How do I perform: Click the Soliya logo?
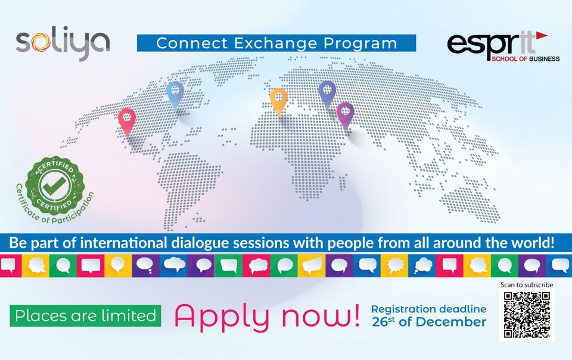(x=63, y=43)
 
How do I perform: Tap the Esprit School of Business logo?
(x=503, y=46)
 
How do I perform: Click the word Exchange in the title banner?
(x=276, y=43)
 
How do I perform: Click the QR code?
(x=527, y=315)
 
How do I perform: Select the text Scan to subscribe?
(x=527, y=284)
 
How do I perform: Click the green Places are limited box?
(x=85, y=315)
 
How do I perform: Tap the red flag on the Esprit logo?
(x=542, y=35)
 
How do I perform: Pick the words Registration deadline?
(x=428, y=309)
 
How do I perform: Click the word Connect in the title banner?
(x=192, y=43)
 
